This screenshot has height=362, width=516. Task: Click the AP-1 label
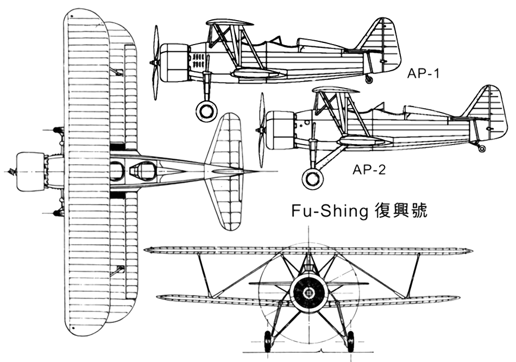click(423, 74)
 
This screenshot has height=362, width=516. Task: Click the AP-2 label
click(369, 170)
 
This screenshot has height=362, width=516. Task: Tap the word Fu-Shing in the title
click(329, 211)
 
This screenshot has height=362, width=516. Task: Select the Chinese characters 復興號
click(401, 211)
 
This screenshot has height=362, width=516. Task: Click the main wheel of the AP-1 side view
click(206, 109)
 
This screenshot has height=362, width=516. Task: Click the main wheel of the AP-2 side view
click(312, 179)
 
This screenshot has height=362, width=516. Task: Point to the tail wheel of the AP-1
click(370, 79)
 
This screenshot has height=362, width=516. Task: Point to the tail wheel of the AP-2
click(482, 148)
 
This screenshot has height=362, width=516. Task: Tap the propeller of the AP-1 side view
click(155, 63)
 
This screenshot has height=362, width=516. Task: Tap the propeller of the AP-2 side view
click(262, 130)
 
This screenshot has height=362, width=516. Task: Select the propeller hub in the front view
click(309, 292)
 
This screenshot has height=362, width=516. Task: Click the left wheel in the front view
click(268, 341)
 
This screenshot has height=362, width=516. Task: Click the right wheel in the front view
click(350, 341)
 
